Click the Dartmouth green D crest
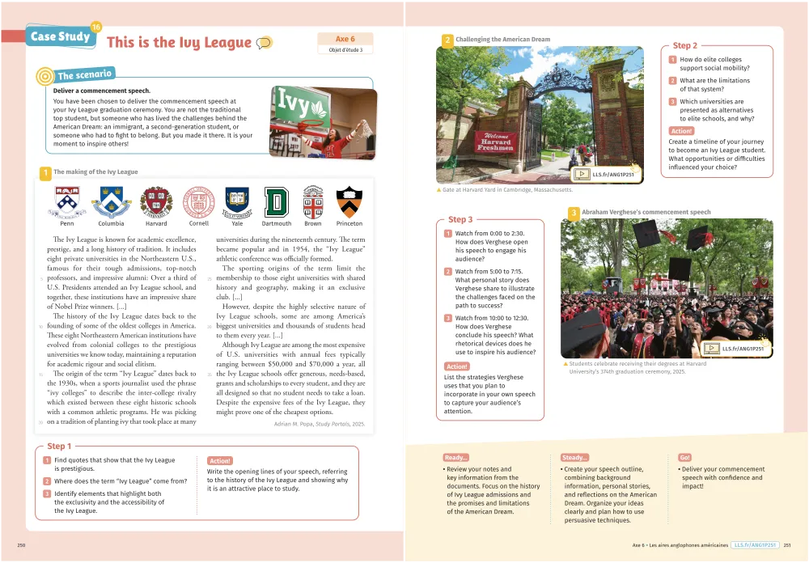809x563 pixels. pyautogui.click(x=277, y=201)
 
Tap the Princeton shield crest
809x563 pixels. pyautogui.click(x=349, y=201)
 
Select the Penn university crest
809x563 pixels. pyautogui.click(x=66, y=201)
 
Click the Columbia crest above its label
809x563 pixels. pyautogui.click(x=111, y=201)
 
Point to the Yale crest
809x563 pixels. pyautogui.click(x=236, y=201)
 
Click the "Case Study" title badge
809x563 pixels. pyautogui.click(x=60, y=36)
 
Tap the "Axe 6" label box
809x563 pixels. pyautogui.click(x=345, y=39)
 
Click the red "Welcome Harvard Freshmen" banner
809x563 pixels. pyautogui.click(x=494, y=142)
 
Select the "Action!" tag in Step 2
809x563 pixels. pyautogui.click(x=681, y=131)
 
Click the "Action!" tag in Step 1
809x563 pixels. pyautogui.click(x=220, y=460)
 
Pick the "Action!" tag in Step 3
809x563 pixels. pyautogui.click(x=457, y=366)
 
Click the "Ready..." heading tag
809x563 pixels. pyautogui.click(x=456, y=458)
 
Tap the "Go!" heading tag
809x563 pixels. pyautogui.click(x=685, y=458)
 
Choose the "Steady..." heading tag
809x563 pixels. pyautogui.click(x=574, y=458)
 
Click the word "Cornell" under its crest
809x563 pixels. pyautogui.click(x=198, y=223)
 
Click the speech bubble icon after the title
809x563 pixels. pyautogui.click(x=264, y=43)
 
